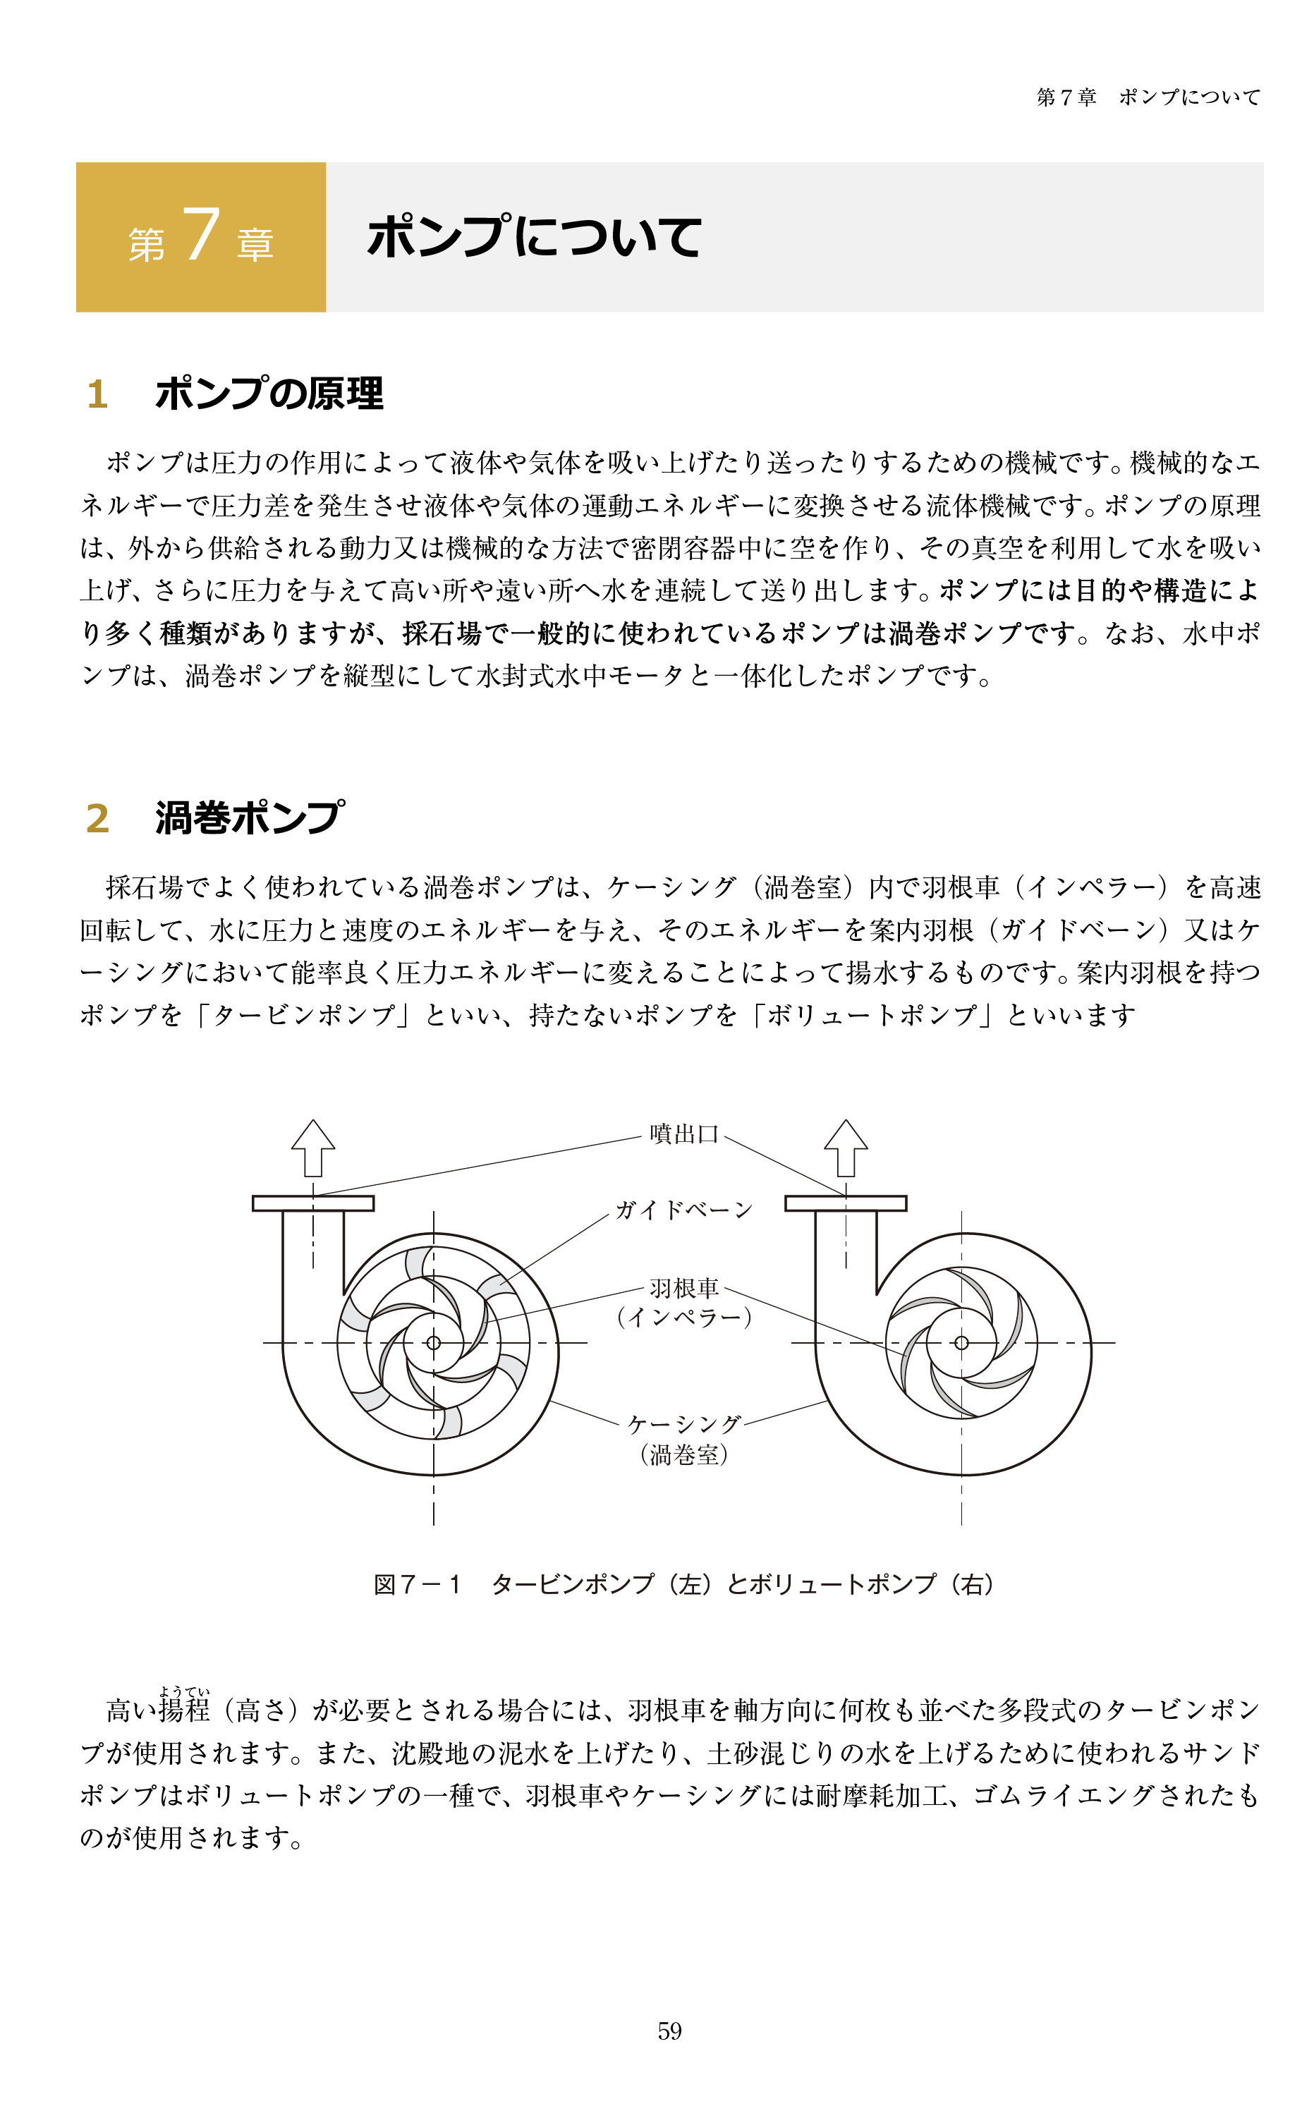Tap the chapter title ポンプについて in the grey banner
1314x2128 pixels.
pos(534,236)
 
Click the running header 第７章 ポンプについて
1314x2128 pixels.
pos(1148,97)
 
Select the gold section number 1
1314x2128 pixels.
pos(97,394)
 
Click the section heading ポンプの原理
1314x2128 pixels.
pos(269,394)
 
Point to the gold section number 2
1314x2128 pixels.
pos(97,818)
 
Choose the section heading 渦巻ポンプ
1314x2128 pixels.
pos(250,817)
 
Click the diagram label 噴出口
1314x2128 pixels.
pos(684,1134)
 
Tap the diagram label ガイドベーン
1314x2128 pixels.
pos(683,1210)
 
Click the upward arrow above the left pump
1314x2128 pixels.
pos(313,1148)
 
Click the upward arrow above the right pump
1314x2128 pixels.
pos(846,1148)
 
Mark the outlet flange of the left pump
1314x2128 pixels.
pos(313,1203)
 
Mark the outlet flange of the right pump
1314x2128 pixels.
pos(846,1203)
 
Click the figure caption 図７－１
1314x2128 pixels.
pos(417,1585)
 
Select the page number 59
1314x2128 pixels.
pos(669,2031)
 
